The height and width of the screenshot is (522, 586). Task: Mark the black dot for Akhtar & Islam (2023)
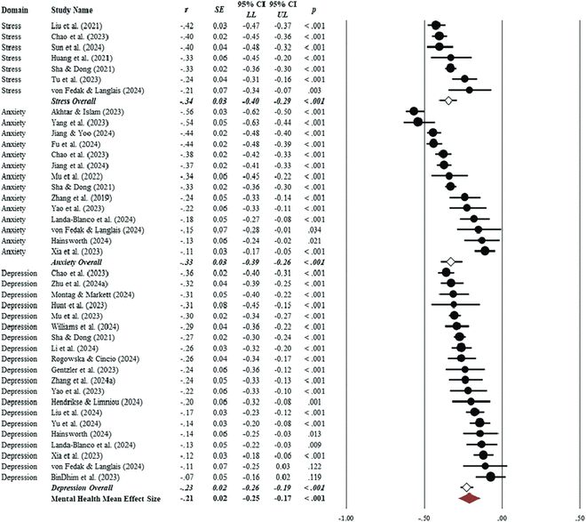[x=414, y=112]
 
